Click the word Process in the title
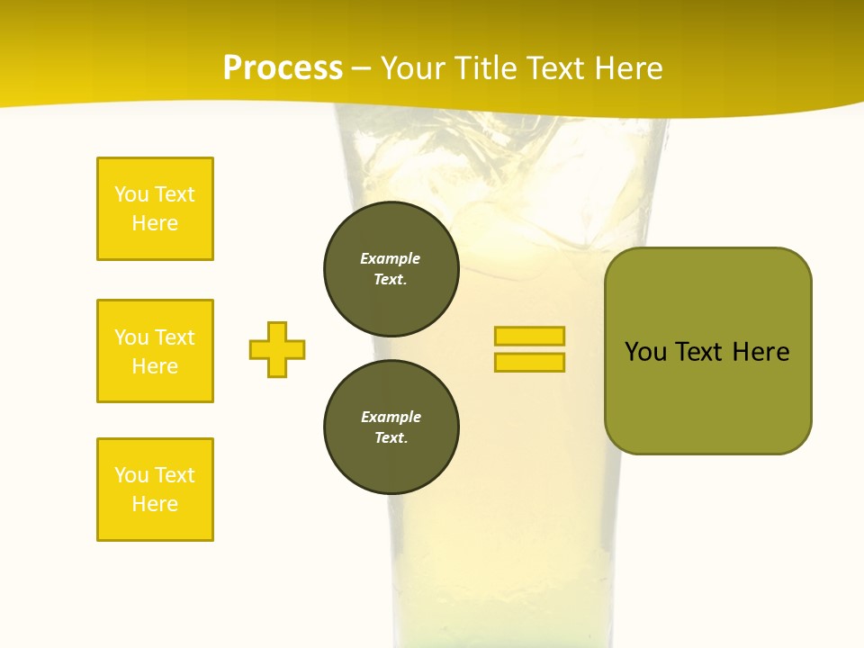click(283, 68)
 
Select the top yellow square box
click(155, 209)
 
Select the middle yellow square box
click(155, 351)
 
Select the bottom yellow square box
click(155, 490)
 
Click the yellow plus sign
click(277, 349)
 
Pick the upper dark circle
click(391, 268)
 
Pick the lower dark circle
click(391, 427)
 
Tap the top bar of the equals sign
click(529, 336)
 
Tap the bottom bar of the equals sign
click(529, 362)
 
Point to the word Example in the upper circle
click(391, 258)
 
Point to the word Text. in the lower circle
click(391, 437)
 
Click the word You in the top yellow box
click(130, 194)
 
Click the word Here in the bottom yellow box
click(155, 504)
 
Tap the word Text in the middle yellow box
click(174, 337)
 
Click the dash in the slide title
click(362, 68)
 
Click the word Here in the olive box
click(761, 352)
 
